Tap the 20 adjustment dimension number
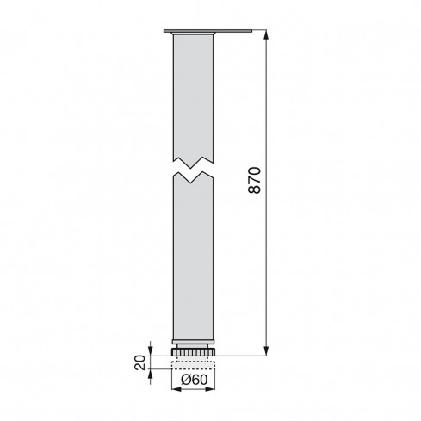(x=139, y=361)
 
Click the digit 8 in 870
(x=254, y=191)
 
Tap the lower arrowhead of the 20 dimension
(x=152, y=372)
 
